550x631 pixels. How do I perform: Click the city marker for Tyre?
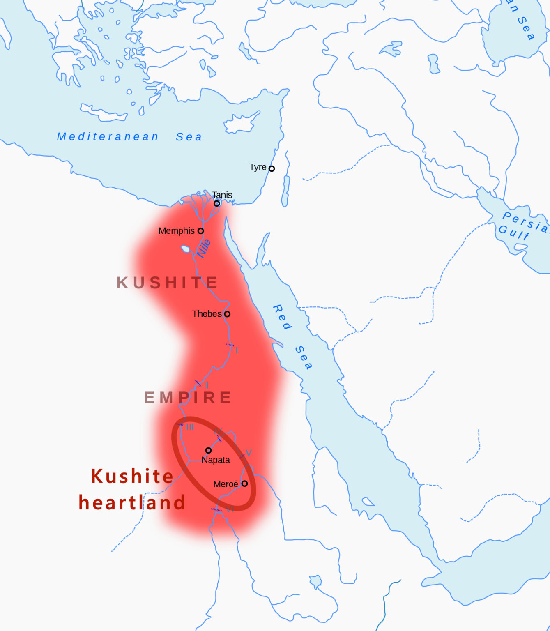(x=272, y=168)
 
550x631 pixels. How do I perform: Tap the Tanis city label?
(x=222, y=195)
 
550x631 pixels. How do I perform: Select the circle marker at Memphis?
(x=200, y=231)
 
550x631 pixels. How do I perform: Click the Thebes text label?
(x=207, y=314)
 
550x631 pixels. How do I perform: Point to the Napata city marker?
(x=208, y=450)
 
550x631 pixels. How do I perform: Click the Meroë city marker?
(x=244, y=484)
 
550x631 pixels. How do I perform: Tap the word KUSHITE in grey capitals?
(x=167, y=283)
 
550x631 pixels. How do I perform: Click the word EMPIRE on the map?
(x=188, y=398)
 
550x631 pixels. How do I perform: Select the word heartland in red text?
(x=132, y=502)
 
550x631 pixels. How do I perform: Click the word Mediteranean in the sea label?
(x=108, y=137)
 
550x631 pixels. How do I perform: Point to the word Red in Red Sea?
(x=283, y=317)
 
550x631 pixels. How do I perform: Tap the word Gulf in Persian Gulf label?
(x=514, y=232)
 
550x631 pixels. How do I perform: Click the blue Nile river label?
(x=204, y=248)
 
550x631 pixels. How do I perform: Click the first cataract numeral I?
(x=237, y=350)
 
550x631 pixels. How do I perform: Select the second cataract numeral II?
(x=206, y=385)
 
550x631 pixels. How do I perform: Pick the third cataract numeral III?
(x=190, y=427)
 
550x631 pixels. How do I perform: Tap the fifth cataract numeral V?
(x=248, y=453)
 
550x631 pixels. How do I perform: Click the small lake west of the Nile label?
(x=185, y=249)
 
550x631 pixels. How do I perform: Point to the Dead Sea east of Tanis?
(x=285, y=191)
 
